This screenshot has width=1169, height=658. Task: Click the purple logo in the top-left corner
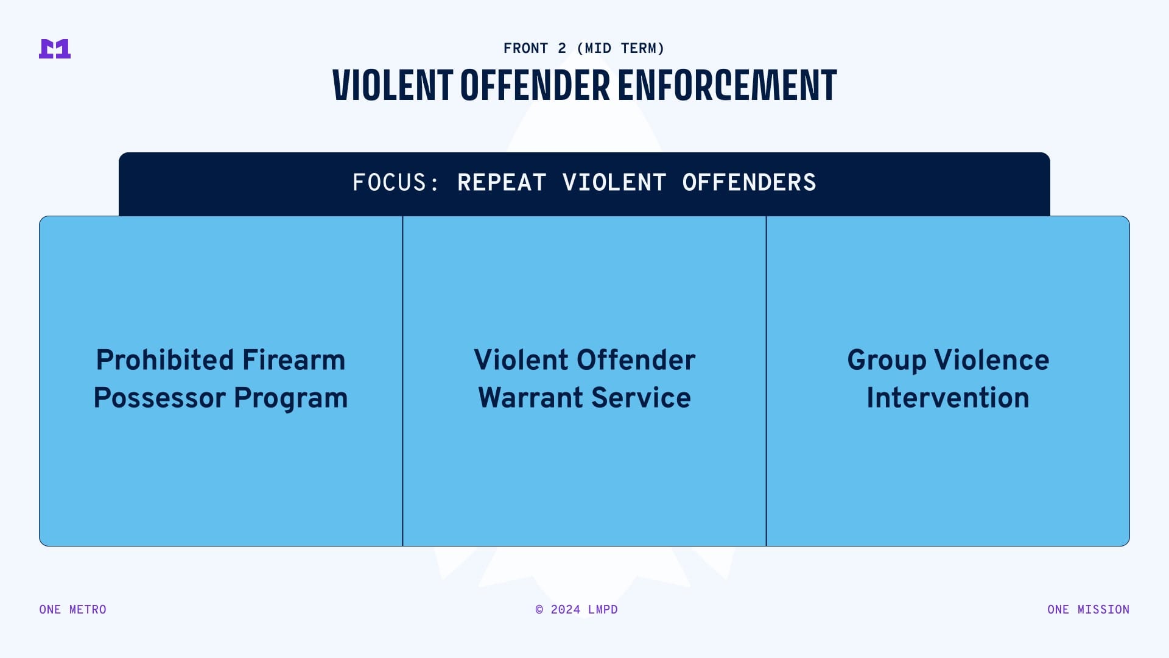55,49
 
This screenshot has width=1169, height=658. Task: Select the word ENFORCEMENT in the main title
728,85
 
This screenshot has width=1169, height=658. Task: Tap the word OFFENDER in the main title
535,85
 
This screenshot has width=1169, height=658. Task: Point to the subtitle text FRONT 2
535,48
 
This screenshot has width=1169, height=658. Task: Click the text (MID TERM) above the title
620,48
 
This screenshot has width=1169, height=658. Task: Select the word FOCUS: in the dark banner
395,183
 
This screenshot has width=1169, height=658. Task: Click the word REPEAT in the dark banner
502,183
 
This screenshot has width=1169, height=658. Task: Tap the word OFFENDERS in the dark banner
749,183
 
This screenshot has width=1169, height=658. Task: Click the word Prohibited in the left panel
165,360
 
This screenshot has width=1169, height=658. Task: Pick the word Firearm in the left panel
294,360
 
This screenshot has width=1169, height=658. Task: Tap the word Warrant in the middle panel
531,398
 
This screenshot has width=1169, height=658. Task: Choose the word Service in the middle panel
641,398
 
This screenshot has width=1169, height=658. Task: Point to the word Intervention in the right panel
948,398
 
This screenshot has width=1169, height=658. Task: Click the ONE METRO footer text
72,610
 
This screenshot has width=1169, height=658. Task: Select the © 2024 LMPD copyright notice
577,610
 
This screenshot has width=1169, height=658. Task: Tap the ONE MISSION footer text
1089,610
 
